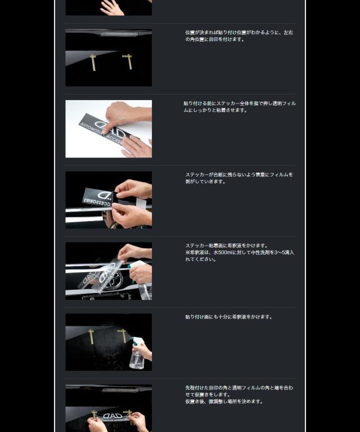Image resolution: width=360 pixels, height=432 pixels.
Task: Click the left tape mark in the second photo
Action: point(93,62)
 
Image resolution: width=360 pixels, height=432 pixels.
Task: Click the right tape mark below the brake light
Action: point(128,60)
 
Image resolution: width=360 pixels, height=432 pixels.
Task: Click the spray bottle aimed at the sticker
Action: point(141,281)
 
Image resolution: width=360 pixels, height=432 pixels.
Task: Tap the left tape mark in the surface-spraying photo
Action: point(92,336)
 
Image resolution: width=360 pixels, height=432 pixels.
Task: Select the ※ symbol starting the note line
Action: point(188,253)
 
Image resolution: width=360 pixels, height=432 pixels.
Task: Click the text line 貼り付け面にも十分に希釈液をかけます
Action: point(228,317)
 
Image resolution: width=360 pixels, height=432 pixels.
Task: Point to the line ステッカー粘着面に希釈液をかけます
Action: point(226,246)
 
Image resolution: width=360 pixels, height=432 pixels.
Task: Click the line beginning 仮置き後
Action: point(224,402)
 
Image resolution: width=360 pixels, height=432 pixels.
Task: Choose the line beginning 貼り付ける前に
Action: point(239,103)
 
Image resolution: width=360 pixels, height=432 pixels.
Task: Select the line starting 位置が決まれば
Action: point(238,33)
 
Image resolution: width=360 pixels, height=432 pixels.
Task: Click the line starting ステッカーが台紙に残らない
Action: point(238,175)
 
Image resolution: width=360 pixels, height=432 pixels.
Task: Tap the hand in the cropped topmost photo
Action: point(112,7)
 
